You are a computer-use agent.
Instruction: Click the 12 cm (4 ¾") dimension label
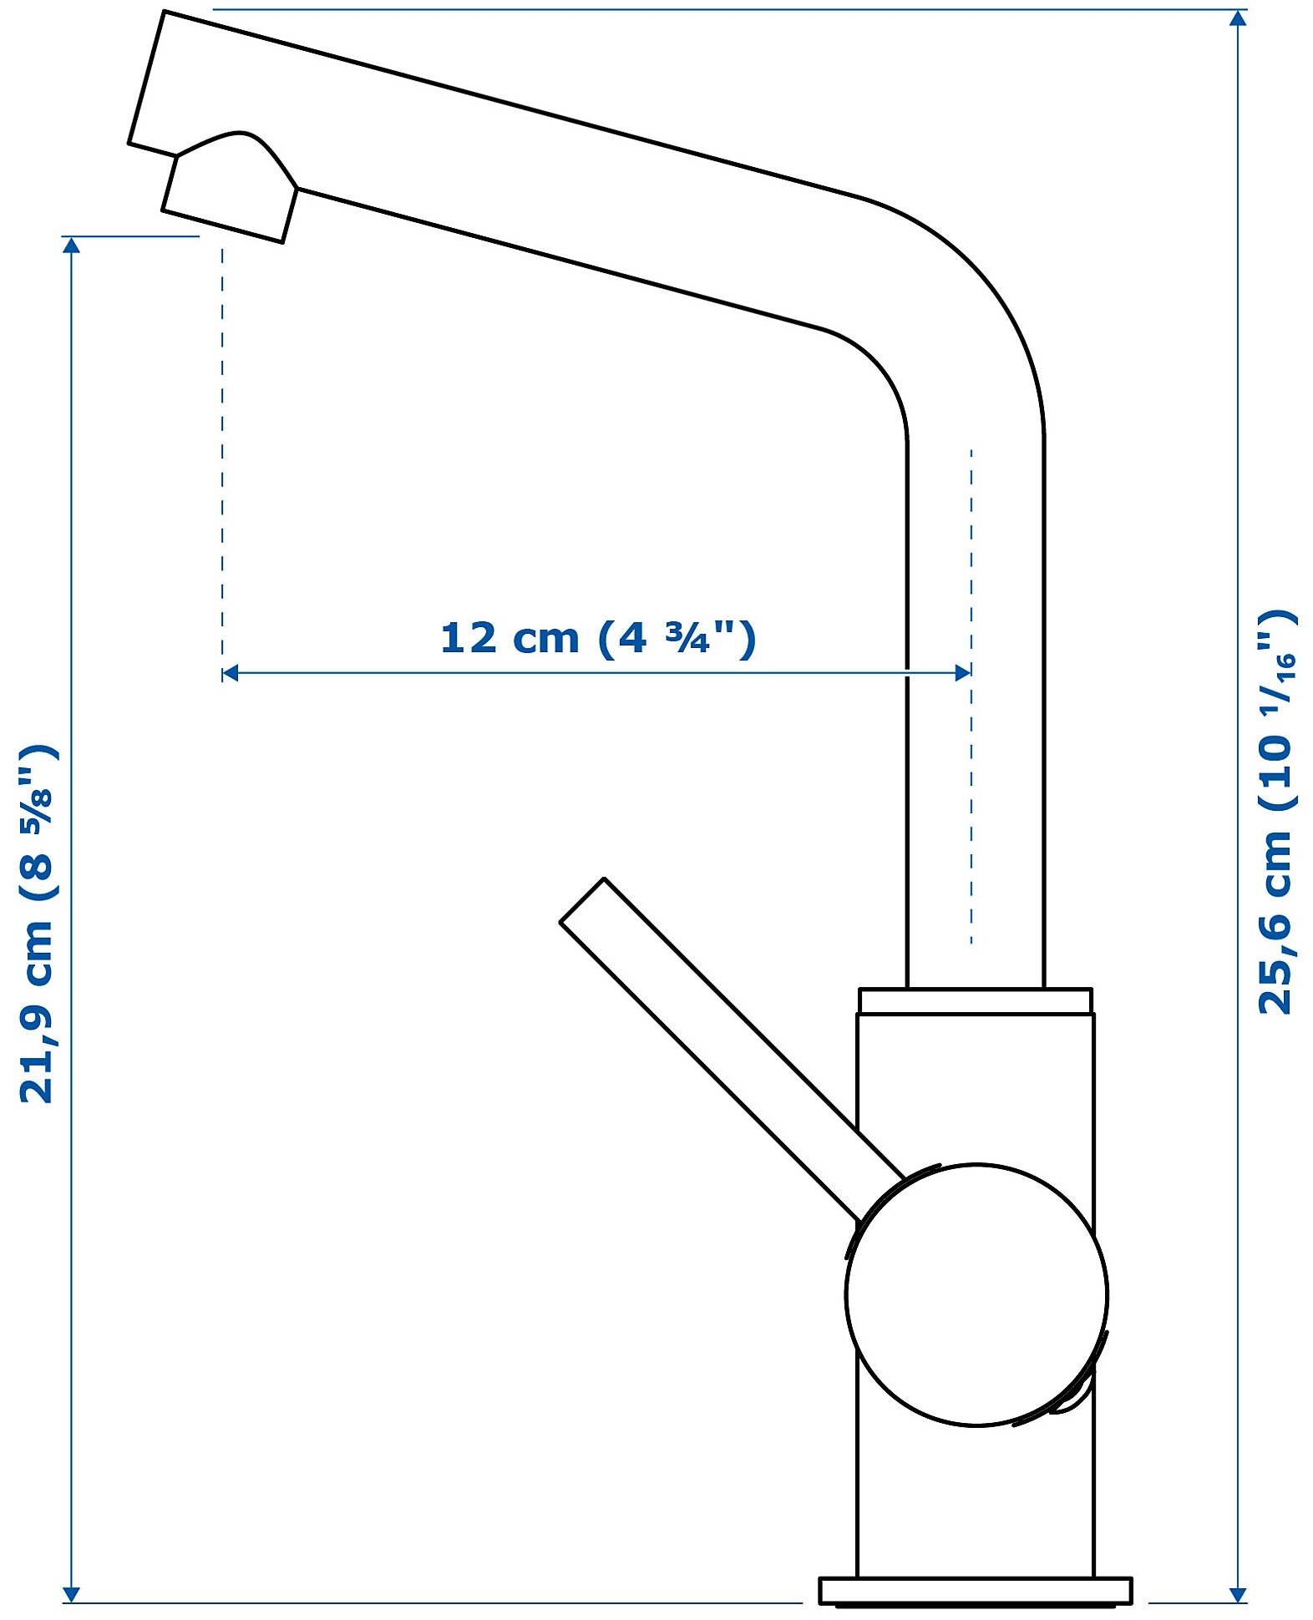(x=597, y=639)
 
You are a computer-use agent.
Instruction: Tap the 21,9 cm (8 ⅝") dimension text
(x=38, y=923)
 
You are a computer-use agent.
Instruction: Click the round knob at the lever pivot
(x=976, y=1293)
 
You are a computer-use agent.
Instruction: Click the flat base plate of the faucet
(x=975, y=1590)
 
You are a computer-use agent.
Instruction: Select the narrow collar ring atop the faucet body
(x=975, y=1000)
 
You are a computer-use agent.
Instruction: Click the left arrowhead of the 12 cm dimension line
(x=231, y=673)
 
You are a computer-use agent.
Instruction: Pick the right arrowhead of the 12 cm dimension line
(x=962, y=673)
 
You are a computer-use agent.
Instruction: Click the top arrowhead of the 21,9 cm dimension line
(x=72, y=245)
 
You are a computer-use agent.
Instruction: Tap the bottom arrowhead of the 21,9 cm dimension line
(x=72, y=1593)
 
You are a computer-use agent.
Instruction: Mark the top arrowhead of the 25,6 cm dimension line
(x=1238, y=18)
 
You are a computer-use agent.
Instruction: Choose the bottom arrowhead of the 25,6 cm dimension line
(x=1238, y=1593)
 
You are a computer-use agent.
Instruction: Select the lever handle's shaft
(x=718, y=1035)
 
